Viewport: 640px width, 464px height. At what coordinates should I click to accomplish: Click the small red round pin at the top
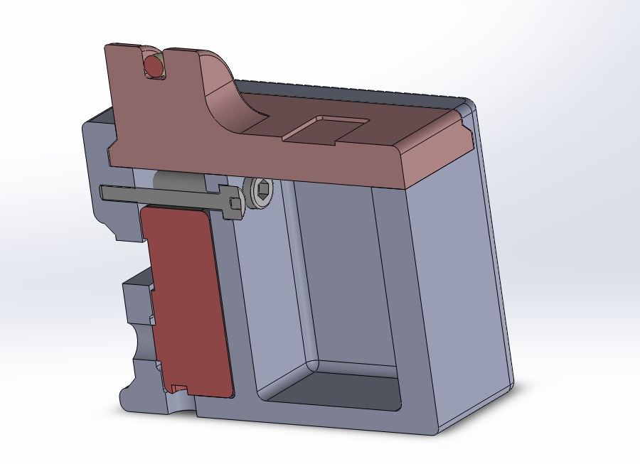153,66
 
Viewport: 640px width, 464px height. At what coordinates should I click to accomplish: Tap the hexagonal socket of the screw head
262,191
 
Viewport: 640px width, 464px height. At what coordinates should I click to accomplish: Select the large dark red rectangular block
186,298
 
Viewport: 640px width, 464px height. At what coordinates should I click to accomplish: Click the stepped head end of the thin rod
230,203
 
